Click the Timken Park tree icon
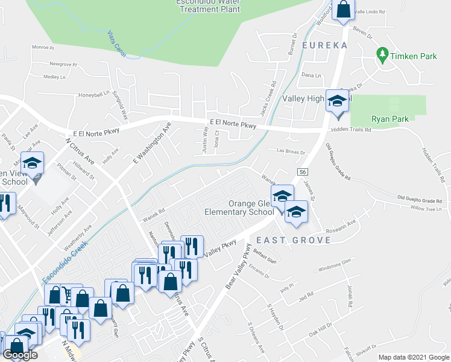[382, 55]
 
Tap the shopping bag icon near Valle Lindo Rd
[342, 10]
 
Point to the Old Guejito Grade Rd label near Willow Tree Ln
[420, 198]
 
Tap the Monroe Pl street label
[43, 47]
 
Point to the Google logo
[20, 355]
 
